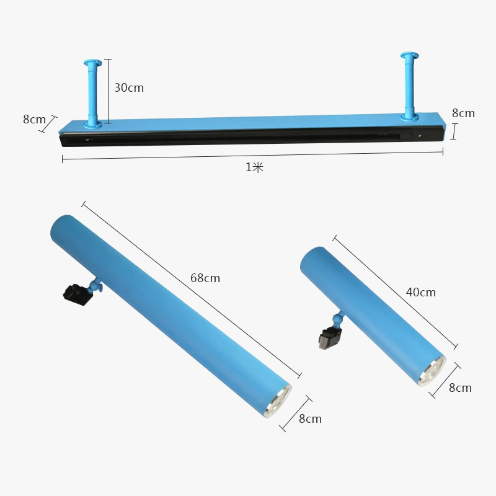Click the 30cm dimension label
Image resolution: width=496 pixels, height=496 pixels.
click(129, 87)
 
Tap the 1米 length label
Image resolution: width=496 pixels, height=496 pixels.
click(255, 167)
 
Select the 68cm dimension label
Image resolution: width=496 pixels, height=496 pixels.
click(205, 278)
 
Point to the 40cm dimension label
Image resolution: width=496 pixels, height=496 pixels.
click(421, 292)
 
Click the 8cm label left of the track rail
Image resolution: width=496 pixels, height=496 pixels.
click(35, 119)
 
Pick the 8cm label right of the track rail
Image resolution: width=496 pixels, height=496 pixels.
click(463, 113)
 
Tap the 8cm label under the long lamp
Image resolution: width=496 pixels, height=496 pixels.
click(311, 419)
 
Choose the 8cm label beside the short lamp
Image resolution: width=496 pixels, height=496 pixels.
click(460, 388)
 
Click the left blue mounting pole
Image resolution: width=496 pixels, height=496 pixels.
click(92, 94)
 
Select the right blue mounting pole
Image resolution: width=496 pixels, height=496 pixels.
click(410, 87)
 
